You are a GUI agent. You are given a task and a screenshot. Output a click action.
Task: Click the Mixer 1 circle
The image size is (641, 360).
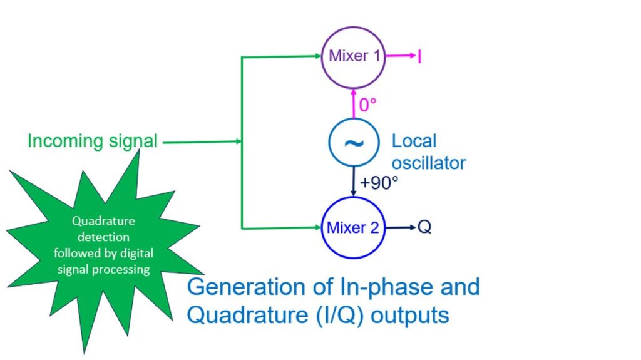pyautogui.click(x=353, y=28)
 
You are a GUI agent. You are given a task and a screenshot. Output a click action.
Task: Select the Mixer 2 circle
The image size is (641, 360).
pyautogui.click(x=353, y=198)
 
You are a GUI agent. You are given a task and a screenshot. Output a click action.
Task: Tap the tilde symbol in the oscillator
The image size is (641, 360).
pyautogui.click(x=354, y=143)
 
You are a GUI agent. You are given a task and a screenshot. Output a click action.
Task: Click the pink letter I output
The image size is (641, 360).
pyautogui.click(x=419, y=56)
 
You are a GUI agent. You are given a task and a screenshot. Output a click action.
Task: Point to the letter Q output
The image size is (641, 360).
pyautogui.click(x=424, y=227)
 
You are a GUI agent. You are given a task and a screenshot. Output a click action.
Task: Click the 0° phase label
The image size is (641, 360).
pyautogui.click(x=367, y=105)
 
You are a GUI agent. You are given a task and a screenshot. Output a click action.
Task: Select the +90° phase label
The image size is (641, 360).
pyautogui.click(x=379, y=183)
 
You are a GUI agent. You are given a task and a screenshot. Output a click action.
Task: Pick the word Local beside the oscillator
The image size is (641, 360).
pyautogui.click(x=414, y=141)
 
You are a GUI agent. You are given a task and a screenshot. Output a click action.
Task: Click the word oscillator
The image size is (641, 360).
pyautogui.click(x=429, y=163)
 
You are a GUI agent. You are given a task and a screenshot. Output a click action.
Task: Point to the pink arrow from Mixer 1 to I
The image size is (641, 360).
pyautogui.click(x=401, y=56)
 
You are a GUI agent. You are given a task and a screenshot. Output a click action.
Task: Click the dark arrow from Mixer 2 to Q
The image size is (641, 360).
pyautogui.click(x=401, y=227)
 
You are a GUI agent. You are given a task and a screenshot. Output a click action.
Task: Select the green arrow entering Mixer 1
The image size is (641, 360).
pyautogui.click(x=282, y=56)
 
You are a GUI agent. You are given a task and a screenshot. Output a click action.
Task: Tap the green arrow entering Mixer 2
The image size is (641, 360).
pyautogui.click(x=282, y=228)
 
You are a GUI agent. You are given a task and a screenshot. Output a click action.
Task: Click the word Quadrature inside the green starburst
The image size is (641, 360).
pyautogui.click(x=103, y=221)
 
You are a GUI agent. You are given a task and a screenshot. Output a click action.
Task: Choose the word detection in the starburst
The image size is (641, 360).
pyautogui.click(x=103, y=237)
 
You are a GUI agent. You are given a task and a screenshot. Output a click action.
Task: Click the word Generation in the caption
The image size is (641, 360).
pyautogui.click(x=246, y=287)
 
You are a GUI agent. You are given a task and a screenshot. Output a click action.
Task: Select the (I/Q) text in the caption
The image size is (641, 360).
pyautogui.click(x=340, y=316)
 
